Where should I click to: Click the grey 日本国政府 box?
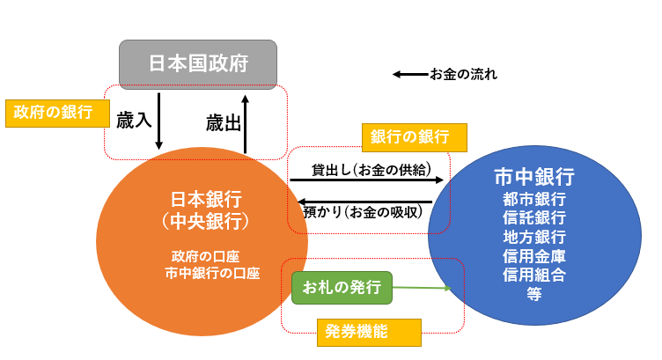(198, 64)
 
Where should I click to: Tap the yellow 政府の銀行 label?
(57, 114)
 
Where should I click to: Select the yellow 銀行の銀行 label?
(414, 137)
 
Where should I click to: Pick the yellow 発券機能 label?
(369, 333)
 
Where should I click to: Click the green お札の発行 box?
(342, 288)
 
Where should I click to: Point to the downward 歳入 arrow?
(158, 121)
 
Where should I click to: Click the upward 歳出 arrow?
(245, 124)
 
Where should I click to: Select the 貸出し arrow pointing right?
(366, 180)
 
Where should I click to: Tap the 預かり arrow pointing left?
(364, 202)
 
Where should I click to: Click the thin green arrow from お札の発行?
(422, 288)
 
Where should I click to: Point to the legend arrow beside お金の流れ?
(411, 75)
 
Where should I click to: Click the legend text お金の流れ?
(464, 75)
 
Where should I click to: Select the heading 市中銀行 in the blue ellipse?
(534, 176)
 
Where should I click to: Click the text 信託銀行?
(534, 217)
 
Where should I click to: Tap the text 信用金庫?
(534, 256)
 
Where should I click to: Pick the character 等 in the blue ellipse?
(534, 294)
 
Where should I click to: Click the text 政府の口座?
(206, 256)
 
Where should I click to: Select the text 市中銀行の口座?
(212, 274)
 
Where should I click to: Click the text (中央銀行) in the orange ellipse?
(206, 221)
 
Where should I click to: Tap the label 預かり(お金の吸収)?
(363, 212)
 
